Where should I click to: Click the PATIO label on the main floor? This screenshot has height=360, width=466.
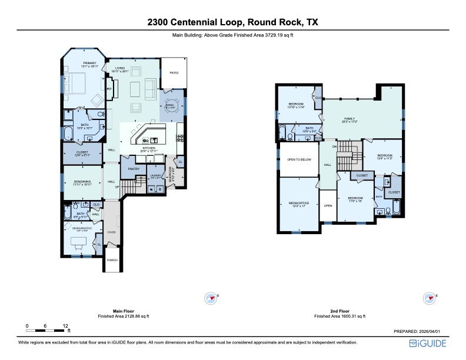point(174,74)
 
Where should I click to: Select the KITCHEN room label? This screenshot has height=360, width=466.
point(148,148)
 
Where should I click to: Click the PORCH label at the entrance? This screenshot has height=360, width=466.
point(112,260)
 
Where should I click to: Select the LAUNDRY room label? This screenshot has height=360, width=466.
point(156,175)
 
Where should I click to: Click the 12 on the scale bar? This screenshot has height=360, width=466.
point(66,325)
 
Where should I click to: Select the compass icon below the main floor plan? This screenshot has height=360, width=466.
point(211,298)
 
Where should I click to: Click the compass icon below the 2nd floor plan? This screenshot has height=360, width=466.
point(430,298)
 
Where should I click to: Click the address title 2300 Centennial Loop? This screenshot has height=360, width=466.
point(232,22)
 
